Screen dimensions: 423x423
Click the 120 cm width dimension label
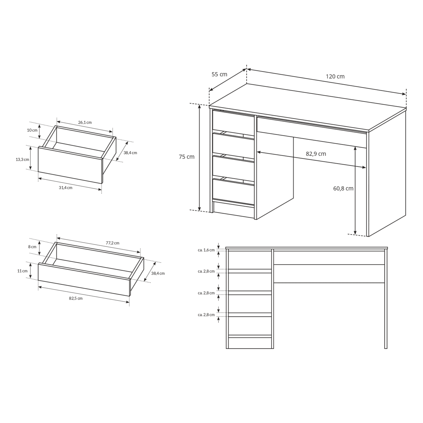pos(335,76)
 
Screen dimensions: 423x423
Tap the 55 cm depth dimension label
pos(219,74)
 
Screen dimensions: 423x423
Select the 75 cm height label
pos(187,157)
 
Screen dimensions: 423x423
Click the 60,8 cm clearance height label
pos(343,188)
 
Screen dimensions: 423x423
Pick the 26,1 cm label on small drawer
pos(85,122)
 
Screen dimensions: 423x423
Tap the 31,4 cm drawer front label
pos(66,188)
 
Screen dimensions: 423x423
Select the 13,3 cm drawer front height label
pos(22,160)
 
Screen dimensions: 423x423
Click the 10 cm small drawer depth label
pos(32,130)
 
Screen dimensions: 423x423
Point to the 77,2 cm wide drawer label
pos(113,243)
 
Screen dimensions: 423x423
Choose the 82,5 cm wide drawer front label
pos(76,298)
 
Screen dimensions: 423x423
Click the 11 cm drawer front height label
pos(22,271)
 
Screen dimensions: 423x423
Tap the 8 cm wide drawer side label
pos(32,247)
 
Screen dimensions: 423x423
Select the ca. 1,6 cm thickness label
pos(206,250)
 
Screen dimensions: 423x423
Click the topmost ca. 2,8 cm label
pos(206,271)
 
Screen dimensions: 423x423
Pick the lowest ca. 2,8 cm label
pos(206,315)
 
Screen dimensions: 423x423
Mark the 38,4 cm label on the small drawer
pos(130,153)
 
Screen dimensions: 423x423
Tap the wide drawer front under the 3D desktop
pos(312,132)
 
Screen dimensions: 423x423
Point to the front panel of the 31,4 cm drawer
pos(70,165)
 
